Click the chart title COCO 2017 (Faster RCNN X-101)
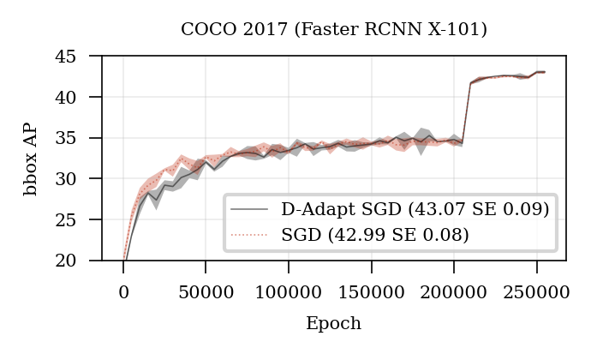click(333, 30)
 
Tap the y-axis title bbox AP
click(31, 159)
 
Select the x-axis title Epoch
click(333, 324)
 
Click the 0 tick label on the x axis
click(123, 291)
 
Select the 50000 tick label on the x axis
click(206, 291)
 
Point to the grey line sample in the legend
click(250, 209)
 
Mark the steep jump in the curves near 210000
click(467, 111)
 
